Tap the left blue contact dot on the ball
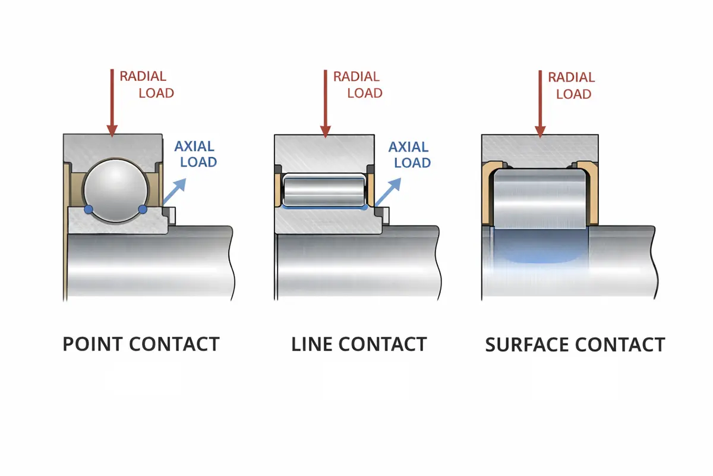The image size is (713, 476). (89, 209)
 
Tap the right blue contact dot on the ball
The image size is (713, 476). (143, 209)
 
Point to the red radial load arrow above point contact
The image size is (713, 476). (111, 101)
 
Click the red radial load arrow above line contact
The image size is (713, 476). (324, 101)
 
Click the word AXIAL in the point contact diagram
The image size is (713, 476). (195, 146)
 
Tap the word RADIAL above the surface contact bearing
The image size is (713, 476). (571, 77)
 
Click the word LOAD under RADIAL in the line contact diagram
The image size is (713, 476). (365, 93)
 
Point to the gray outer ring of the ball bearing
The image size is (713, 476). (113, 146)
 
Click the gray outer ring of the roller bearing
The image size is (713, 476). (324, 152)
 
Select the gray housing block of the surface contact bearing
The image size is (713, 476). (540, 148)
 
